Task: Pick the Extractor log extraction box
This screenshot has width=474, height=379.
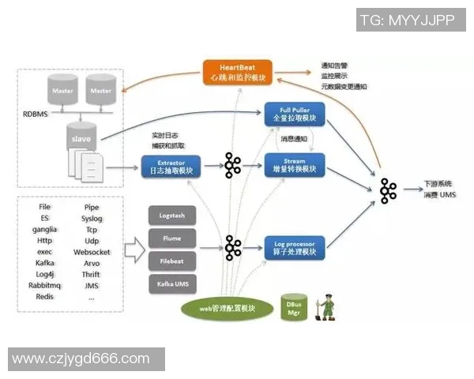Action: coord(171,166)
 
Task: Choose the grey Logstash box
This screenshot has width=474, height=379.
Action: coord(172,216)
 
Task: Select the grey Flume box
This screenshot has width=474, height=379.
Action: coord(172,238)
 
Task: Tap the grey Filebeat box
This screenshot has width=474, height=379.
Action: coord(172,260)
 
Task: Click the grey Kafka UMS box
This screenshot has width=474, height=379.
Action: coord(172,283)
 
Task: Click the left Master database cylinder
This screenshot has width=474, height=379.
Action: coord(62,92)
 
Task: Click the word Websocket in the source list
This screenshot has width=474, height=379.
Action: coord(92,252)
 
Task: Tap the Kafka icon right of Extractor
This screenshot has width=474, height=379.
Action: coord(232,166)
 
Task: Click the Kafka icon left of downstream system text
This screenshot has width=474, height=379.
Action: coord(388,190)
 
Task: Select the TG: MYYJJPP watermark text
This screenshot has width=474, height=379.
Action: coord(407,21)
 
